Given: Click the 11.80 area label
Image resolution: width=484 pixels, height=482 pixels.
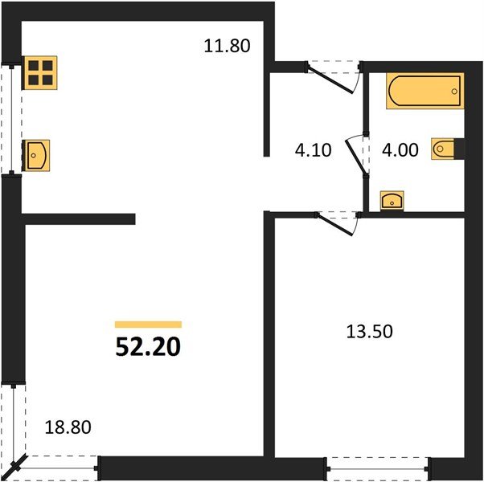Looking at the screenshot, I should coord(228,47).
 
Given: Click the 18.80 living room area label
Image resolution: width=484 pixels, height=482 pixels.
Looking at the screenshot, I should coord(66,427).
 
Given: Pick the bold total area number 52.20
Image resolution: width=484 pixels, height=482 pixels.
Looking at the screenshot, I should coord(148,347).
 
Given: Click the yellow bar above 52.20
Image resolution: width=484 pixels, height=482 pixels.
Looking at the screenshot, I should coord(148,324).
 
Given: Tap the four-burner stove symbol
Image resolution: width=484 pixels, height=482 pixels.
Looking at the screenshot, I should coord(39,73).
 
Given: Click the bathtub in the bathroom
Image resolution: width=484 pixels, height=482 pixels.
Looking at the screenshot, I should coord(425,91).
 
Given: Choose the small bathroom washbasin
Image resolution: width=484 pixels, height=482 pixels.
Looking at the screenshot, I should coord(392,200).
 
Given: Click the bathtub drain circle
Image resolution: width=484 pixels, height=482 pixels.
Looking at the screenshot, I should coord(454,92).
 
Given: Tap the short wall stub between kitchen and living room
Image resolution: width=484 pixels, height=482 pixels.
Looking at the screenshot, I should coord(78,218).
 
